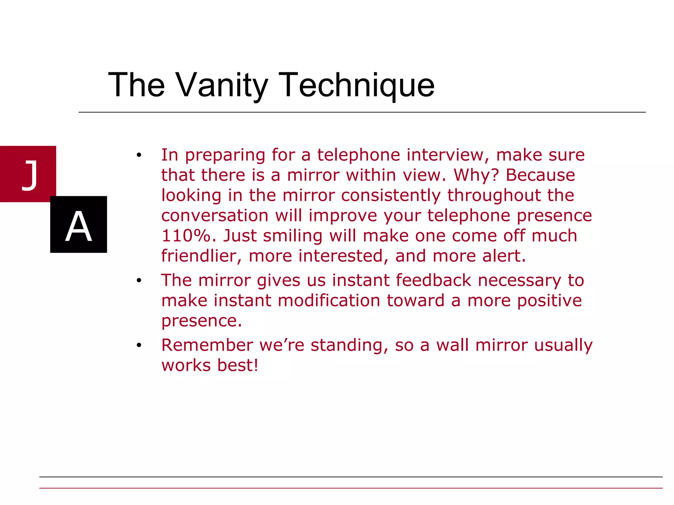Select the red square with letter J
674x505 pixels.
pos(28,174)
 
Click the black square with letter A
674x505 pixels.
pos(79,225)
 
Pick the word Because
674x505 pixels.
pos(540,175)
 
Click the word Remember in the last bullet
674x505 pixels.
pos(207,345)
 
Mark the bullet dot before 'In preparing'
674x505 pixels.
pos(139,155)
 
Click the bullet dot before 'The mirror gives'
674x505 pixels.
pos(139,281)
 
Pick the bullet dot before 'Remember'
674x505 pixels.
pos(139,346)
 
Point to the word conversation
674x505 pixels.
pos(215,216)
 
